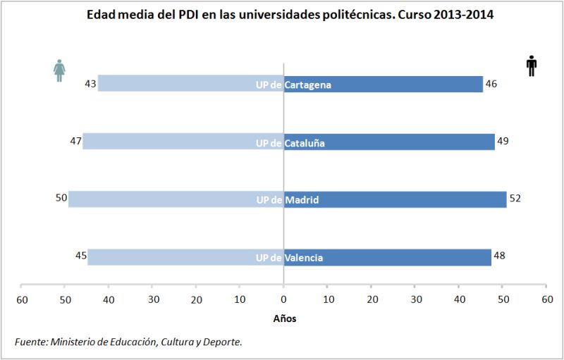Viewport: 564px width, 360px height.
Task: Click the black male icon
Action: pyautogui.click(x=532, y=66)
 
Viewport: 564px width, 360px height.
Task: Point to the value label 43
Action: pyautogui.click(x=90, y=83)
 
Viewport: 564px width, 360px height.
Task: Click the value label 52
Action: pyautogui.click(x=515, y=199)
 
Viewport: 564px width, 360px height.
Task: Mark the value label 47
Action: pyautogui.click(x=75, y=141)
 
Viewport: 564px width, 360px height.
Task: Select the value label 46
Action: pyautogui.click(x=491, y=84)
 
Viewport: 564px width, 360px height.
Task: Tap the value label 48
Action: pyautogui.click(x=499, y=256)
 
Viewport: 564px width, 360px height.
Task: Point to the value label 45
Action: pyautogui.click(x=80, y=256)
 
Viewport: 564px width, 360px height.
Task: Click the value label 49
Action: pyautogui.click(x=502, y=141)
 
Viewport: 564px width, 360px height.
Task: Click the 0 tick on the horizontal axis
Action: pyautogui.click(x=283, y=299)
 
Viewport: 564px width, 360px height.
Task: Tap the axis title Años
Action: pyautogui.click(x=284, y=318)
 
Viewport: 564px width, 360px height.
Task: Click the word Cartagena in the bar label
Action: pyautogui.click(x=308, y=85)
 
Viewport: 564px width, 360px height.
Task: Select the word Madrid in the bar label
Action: pyautogui.click(x=302, y=200)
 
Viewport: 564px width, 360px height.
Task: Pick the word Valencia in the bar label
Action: pyautogui.click(x=304, y=258)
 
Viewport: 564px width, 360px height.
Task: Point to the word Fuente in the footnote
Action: pyautogui.click(x=30, y=342)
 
